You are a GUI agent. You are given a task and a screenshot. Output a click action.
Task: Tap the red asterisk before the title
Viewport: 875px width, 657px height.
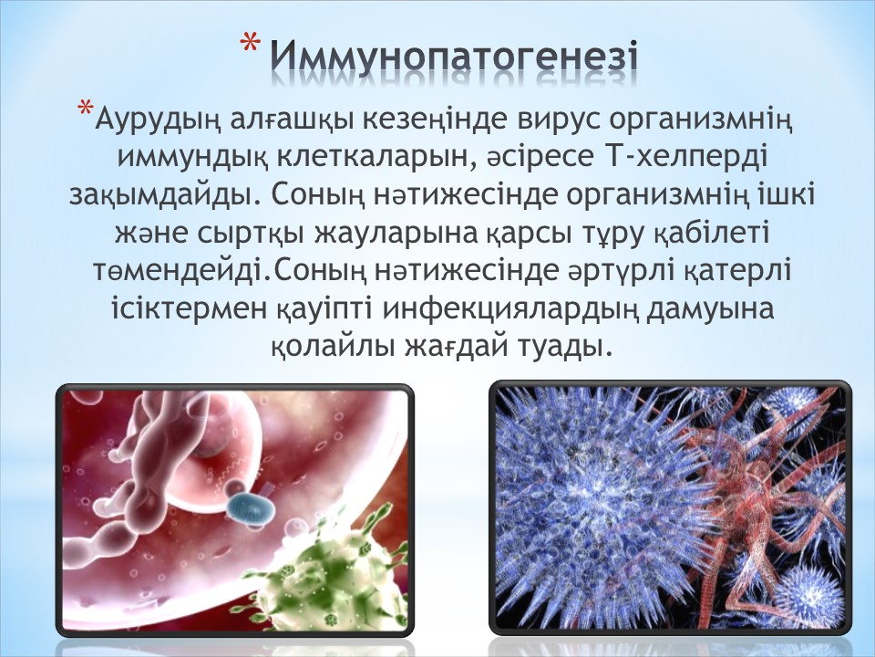coord(252,46)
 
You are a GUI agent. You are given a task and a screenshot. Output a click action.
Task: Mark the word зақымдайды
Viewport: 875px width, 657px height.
coord(166,195)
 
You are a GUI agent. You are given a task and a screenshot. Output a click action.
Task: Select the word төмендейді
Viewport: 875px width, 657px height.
coord(183,271)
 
